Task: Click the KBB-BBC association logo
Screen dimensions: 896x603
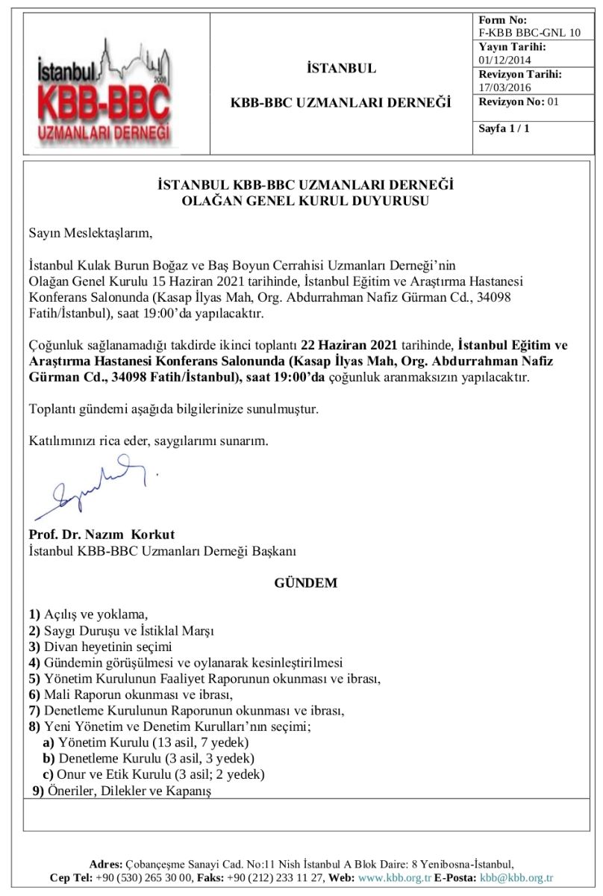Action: point(104,93)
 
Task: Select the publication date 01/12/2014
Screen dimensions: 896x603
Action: point(506,60)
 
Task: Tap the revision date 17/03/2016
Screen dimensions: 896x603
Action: point(506,87)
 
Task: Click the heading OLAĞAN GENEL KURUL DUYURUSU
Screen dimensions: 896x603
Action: point(306,199)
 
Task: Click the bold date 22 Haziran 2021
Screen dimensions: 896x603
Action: point(347,345)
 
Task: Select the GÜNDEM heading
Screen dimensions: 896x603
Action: point(306,583)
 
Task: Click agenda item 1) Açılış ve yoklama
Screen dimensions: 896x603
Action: point(89,615)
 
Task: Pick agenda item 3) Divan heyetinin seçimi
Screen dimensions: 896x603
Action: point(100,647)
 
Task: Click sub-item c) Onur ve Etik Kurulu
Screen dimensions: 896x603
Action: point(154,774)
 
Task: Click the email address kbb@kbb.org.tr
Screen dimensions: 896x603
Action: point(516,878)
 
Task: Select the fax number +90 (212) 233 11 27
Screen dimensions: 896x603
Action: point(275,878)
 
